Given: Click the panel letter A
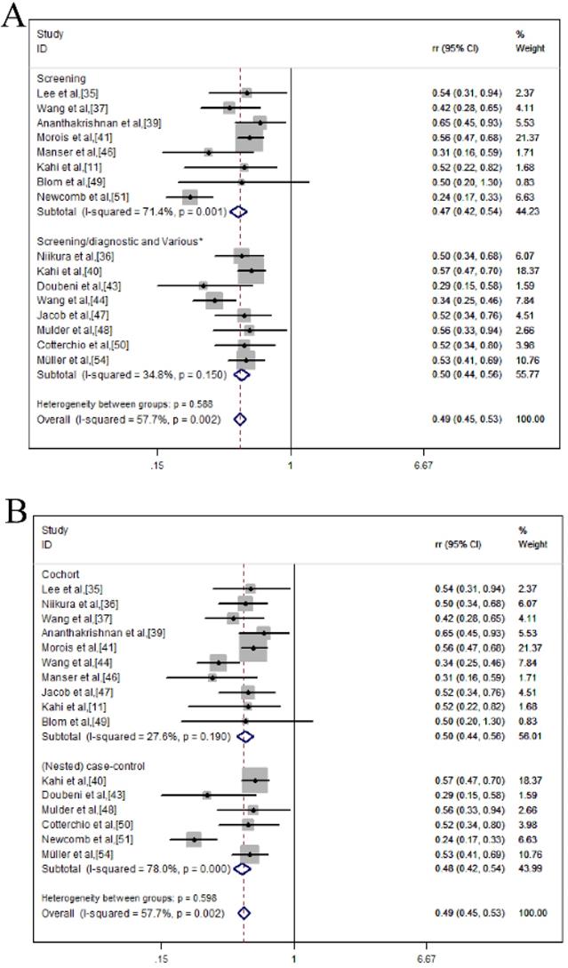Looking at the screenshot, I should (12, 16).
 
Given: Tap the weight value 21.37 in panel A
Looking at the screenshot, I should (527, 138).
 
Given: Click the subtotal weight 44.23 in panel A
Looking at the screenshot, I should (527, 212).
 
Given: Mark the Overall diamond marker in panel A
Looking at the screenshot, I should (239, 418).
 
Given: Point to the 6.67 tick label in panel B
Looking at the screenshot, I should (426, 958).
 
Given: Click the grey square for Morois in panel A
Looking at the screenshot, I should (250, 138).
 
